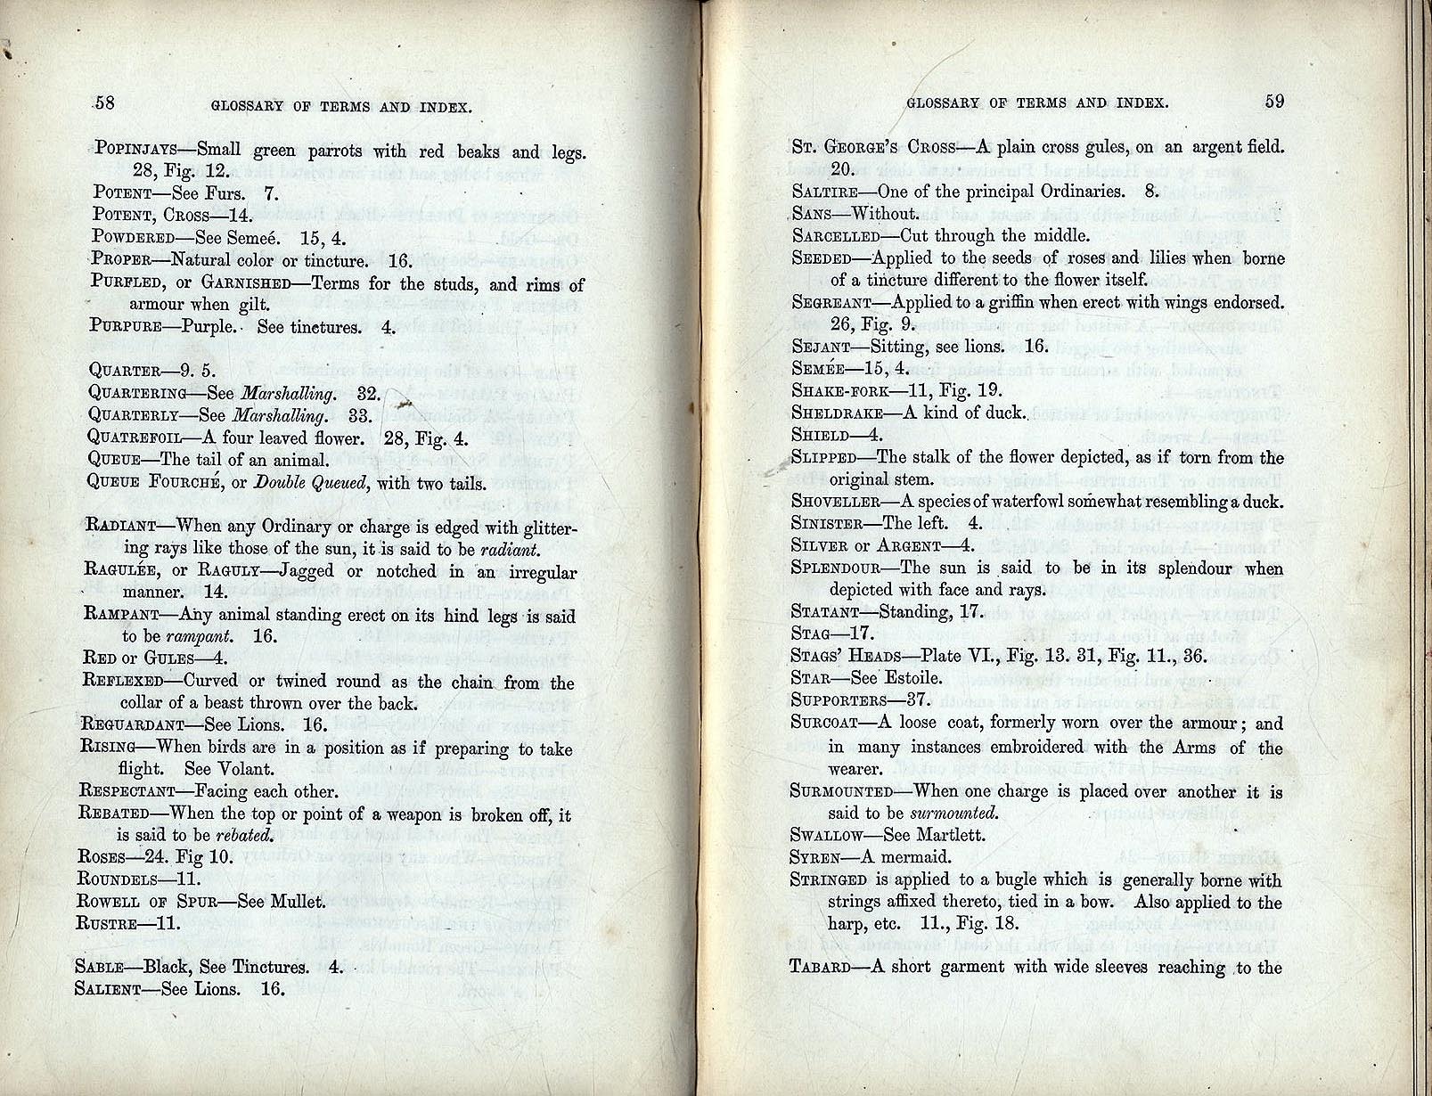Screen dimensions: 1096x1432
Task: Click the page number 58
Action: (104, 102)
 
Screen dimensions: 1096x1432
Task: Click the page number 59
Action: (1274, 101)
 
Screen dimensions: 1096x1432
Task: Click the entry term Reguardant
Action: (132, 725)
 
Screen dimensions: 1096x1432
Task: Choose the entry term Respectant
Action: (127, 791)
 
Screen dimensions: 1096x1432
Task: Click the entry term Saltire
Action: (824, 192)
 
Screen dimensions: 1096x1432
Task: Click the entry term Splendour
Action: (835, 568)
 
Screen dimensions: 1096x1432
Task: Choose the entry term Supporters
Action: (839, 700)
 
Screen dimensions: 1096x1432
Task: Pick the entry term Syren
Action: (814, 858)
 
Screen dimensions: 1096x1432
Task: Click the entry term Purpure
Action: (126, 326)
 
